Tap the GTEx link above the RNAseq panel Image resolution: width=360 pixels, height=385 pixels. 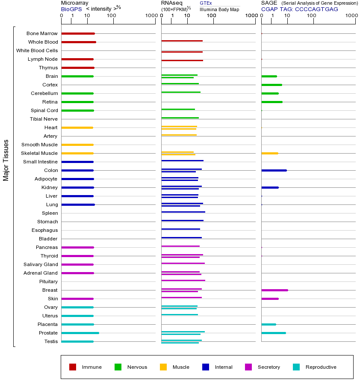[x=206, y=3]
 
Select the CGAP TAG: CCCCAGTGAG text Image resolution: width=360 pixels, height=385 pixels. [x=299, y=9]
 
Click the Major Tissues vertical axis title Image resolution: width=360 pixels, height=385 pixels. [x=6, y=160]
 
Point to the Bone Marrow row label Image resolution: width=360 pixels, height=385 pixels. [x=42, y=33]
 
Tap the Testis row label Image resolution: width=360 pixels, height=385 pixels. [x=51, y=341]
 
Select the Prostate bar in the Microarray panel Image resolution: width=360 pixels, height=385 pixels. [x=80, y=333]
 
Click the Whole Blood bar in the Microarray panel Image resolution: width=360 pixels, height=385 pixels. [x=79, y=42]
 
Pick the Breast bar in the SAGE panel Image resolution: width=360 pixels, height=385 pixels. [x=274, y=290]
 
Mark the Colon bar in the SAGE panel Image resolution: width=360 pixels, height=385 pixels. [x=274, y=170]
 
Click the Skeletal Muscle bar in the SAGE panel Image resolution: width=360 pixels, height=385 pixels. [x=269, y=153]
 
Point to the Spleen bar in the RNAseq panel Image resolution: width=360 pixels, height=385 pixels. [x=183, y=212]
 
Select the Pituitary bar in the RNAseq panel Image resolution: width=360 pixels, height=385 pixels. [x=183, y=280]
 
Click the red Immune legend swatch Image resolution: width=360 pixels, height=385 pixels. [x=73, y=367]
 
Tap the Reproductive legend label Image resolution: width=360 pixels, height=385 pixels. [x=321, y=367]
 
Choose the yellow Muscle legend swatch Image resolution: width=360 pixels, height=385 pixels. [x=163, y=367]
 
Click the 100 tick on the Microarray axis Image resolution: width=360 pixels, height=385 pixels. [x=112, y=16]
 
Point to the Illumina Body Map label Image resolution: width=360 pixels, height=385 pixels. [x=219, y=9]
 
